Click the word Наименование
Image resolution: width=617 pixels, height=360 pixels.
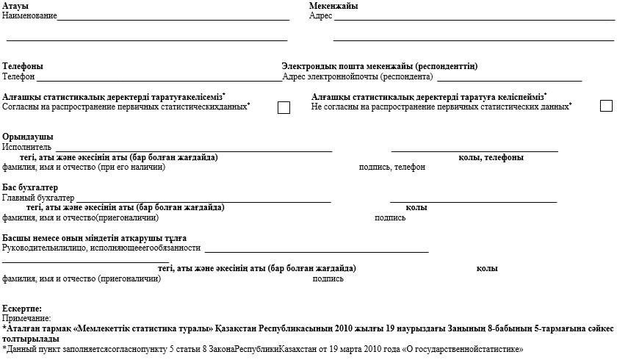click(x=29, y=15)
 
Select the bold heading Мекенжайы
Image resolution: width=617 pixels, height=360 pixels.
click(x=333, y=7)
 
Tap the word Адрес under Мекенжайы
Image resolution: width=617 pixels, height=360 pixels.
click(x=321, y=15)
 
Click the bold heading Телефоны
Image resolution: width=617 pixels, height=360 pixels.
click(x=23, y=66)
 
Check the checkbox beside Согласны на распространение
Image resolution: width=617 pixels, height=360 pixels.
click(x=284, y=108)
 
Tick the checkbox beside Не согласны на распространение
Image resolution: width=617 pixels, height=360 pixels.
click(x=606, y=106)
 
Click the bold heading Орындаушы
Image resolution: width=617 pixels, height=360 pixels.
click(x=28, y=137)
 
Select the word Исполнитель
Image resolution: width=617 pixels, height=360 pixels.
click(x=27, y=147)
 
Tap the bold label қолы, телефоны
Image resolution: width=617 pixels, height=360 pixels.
click(x=491, y=158)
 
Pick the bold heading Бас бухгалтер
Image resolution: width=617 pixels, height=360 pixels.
click(x=30, y=188)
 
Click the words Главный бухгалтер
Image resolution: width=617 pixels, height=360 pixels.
click(x=39, y=198)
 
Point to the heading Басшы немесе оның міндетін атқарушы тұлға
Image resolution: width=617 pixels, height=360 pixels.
click(x=94, y=239)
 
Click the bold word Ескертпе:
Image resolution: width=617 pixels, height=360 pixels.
click(x=22, y=309)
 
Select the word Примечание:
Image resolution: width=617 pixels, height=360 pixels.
click(x=26, y=318)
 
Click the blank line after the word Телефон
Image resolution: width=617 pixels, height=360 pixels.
click(x=159, y=77)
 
